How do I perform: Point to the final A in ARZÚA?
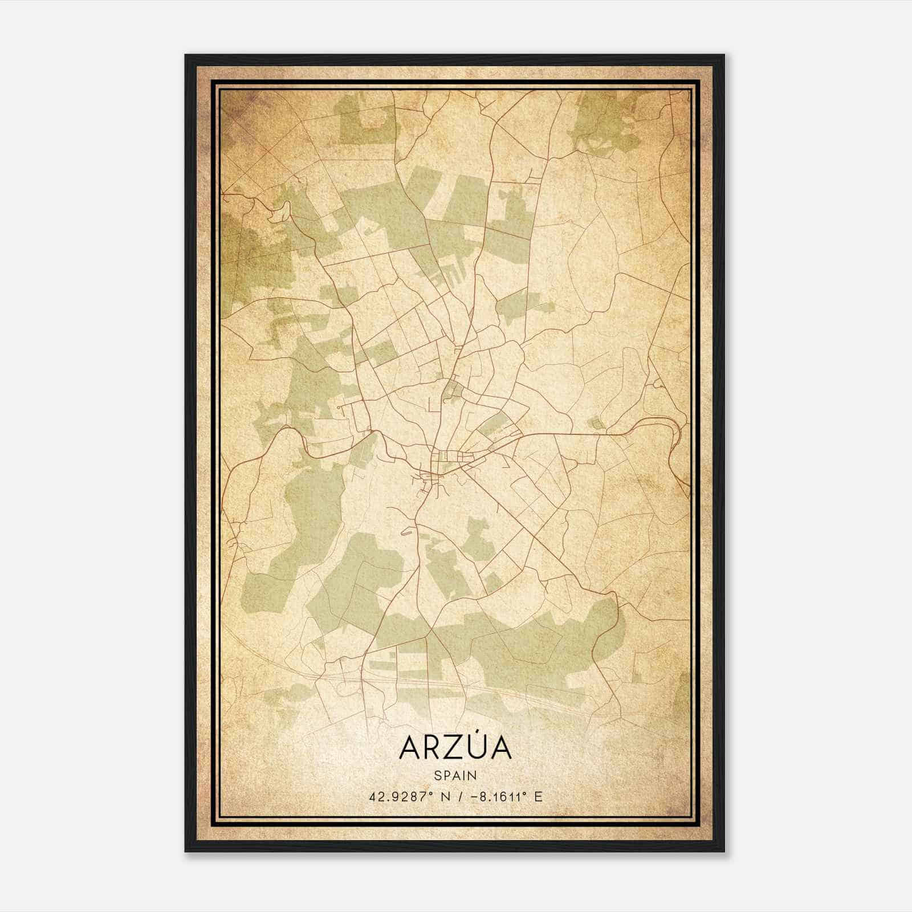[500, 747]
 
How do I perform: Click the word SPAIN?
[455, 775]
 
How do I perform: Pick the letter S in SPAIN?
[437, 775]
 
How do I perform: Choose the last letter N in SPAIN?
[473, 775]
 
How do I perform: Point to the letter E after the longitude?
[538, 796]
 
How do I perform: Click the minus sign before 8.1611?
[473, 796]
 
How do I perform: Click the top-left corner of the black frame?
[186, 56]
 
